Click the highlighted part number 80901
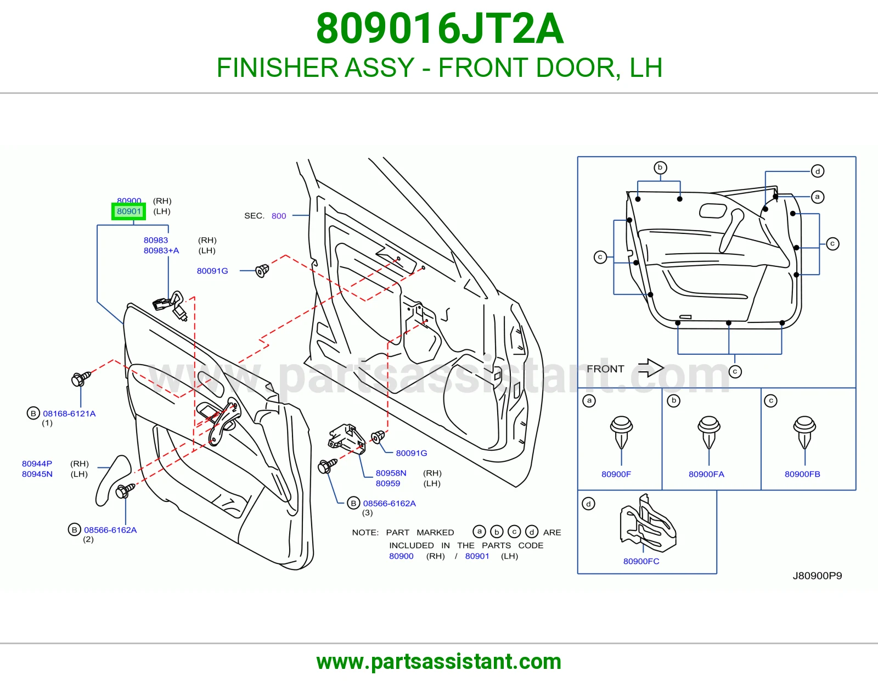coord(128,211)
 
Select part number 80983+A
coord(161,250)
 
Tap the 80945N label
coord(37,474)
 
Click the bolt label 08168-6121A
coord(69,414)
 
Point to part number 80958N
coord(391,473)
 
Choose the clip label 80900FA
coord(706,474)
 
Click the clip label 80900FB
coord(802,474)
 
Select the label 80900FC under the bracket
coord(641,561)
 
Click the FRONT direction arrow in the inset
coord(651,368)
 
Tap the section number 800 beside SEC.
coord(279,216)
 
